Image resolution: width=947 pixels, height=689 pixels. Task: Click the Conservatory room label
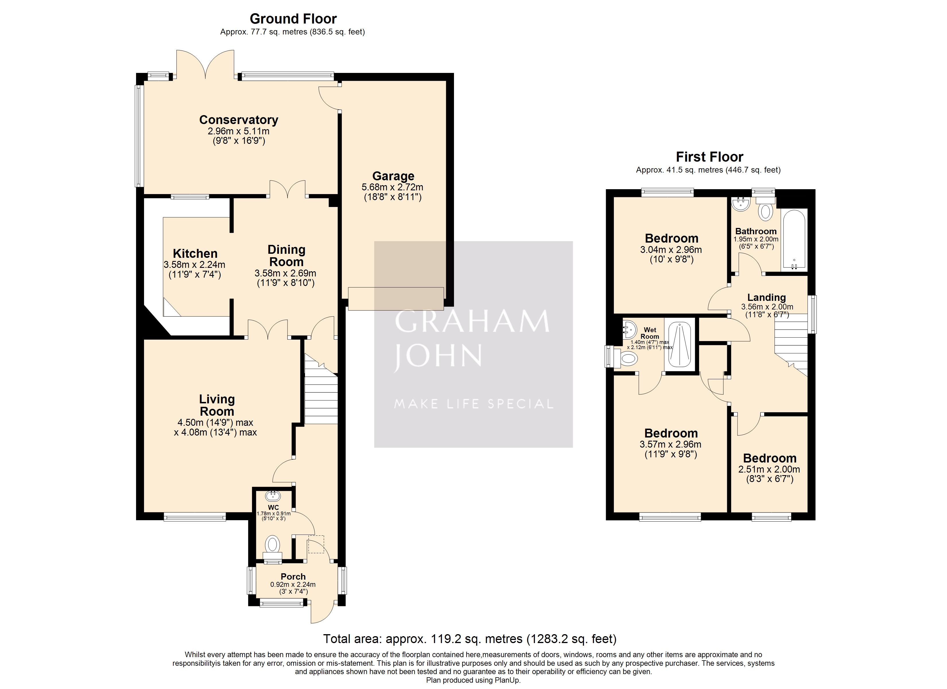coord(238,120)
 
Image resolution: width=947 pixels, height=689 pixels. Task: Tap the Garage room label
coord(393,176)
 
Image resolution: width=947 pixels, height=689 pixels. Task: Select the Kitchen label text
coord(195,253)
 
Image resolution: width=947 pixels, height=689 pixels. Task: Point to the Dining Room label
coord(286,256)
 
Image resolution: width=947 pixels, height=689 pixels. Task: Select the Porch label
coord(293,576)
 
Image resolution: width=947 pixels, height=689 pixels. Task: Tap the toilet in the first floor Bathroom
coord(765,208)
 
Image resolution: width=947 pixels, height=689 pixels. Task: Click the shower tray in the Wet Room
coord(680,345)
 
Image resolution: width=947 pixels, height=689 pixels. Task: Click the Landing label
coord(766,297)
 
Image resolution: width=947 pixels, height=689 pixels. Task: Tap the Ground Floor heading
coord(293,19)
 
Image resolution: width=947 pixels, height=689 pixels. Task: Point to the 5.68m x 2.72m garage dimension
coord(393,187)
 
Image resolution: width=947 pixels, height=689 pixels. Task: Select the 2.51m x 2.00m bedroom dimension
coord(769,469)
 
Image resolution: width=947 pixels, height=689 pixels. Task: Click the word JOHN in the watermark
coord(438,356)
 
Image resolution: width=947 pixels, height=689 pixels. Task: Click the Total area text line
coord(470,639)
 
